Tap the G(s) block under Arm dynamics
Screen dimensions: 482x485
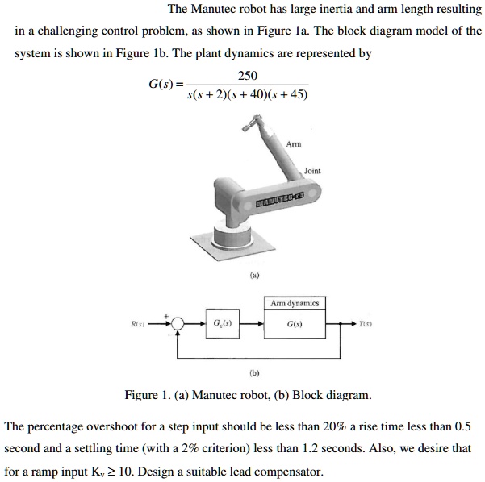(295, 324)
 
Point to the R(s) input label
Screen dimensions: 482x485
(140, 324)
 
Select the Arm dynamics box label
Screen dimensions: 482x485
(295, 303)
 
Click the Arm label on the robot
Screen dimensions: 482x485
(294, 143)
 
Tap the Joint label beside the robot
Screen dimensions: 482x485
(312, 171)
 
